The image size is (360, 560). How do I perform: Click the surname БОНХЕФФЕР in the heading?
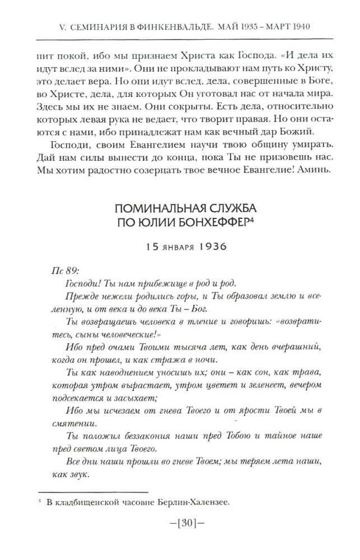click(x=211, y=222)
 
